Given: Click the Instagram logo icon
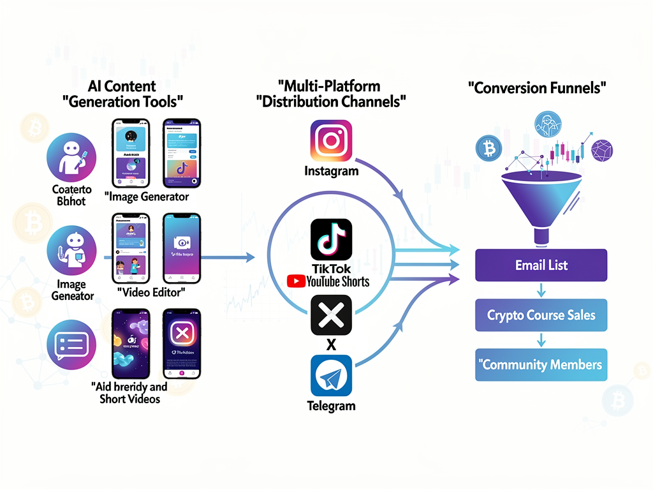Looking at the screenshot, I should [331, 140].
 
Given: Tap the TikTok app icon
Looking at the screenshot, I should [331, 239].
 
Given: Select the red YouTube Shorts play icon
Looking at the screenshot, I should [295, 281].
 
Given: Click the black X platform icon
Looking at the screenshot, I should [331, 315].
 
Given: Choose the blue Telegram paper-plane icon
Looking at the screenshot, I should [331, 376].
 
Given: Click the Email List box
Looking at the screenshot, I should [541, 265].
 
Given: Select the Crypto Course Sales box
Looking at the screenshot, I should [541, 315].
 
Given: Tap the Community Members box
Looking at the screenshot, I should [541, 365].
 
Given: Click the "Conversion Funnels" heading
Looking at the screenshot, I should [537, 88].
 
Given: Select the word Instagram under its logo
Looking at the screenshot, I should [331, 170].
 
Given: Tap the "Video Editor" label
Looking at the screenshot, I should [151, 292].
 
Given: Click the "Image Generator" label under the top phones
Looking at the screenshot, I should [147, 197].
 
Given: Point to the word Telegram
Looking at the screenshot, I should [331, 406].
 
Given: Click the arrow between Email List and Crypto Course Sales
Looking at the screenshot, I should [541, 290].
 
